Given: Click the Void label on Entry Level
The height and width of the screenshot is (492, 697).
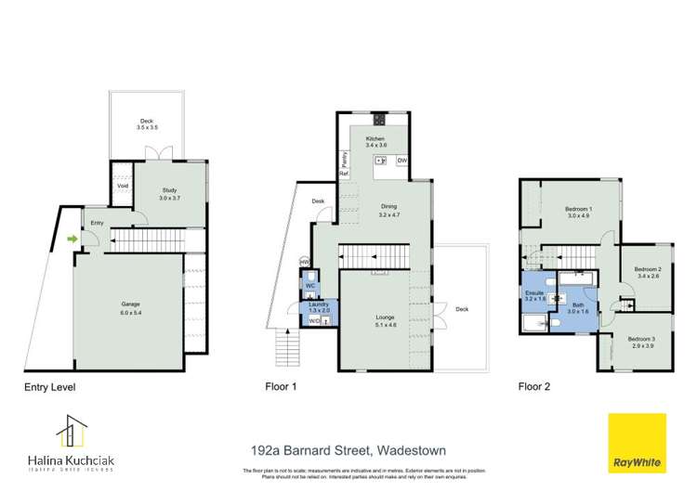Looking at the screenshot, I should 122,185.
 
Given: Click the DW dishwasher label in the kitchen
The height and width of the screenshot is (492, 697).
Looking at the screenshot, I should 401,161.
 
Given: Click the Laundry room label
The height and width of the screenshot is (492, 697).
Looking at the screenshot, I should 319,307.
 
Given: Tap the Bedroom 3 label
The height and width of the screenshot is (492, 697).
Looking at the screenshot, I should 640,342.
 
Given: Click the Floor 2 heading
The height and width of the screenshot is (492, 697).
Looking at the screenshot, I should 535,386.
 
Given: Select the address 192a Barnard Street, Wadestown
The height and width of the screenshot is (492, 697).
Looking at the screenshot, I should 348,450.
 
